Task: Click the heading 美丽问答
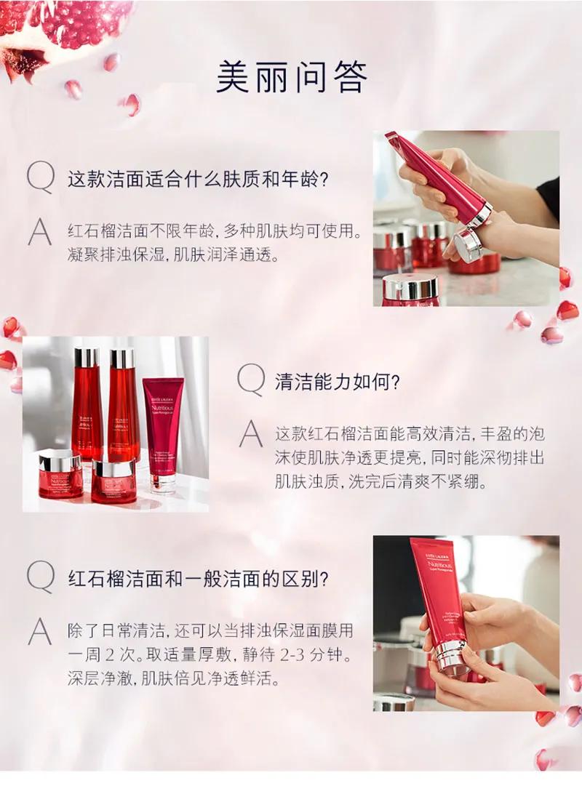(x=291, y=76)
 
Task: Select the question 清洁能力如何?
(x=338, y=382)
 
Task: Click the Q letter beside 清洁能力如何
(x=251, y=380)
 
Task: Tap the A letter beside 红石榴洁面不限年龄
(x=40, y=233)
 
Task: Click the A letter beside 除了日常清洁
(x=40, y=633)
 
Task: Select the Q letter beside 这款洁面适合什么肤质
(x=40, y=178)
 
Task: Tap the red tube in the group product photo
(x=163, y=429)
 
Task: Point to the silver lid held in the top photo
(x=468, y=245)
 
